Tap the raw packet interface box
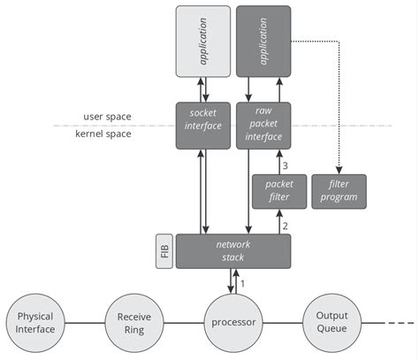264,126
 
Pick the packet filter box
279,191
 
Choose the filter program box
339,191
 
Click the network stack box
233,251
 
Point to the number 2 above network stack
286,226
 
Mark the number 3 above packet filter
286,165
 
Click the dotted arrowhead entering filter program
339,171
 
